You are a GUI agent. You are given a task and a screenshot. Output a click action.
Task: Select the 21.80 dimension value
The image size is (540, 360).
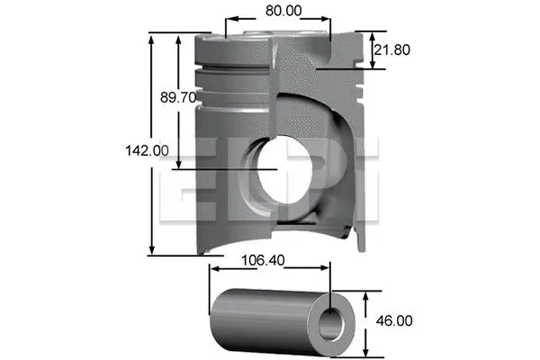[393, 50]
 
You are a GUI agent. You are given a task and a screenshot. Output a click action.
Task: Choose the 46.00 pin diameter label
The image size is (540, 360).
[393, 320]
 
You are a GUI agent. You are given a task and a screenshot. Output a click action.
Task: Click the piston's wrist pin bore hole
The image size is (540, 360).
[286, 168]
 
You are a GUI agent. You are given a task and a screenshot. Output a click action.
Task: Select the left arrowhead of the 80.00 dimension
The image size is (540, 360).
[229, 20]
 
